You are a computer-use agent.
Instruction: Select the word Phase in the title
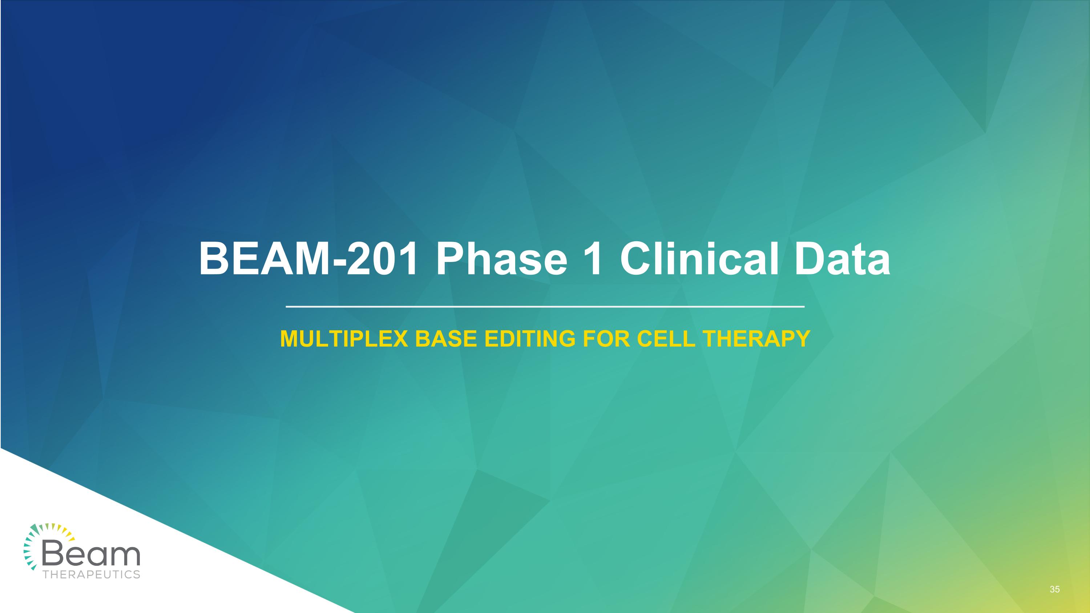pos(501,259)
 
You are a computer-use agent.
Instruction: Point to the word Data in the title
pos(842,259)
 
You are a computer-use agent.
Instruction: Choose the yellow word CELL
pos(666,339)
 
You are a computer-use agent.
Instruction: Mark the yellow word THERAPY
pos(756,339)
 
